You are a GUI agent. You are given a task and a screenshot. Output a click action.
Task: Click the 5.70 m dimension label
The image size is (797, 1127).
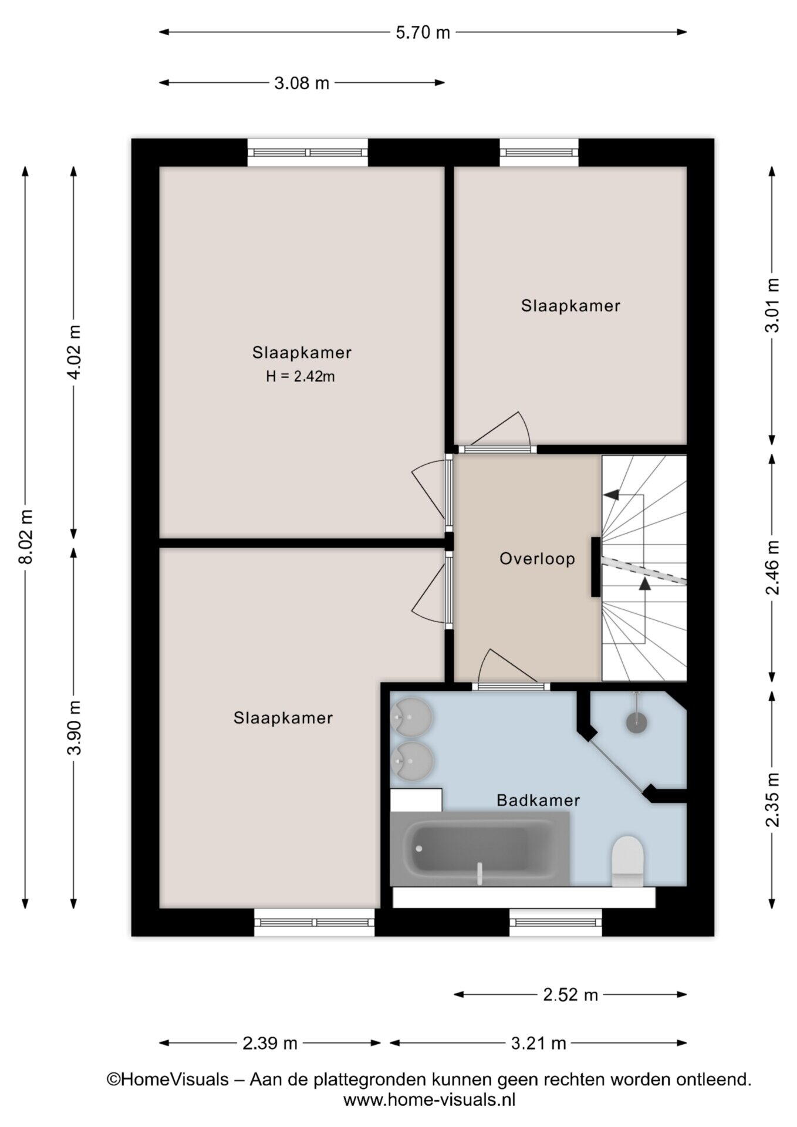423,32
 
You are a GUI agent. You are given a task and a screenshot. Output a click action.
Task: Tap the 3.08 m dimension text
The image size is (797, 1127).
302,83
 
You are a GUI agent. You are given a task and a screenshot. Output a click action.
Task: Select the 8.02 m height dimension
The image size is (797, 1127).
26,536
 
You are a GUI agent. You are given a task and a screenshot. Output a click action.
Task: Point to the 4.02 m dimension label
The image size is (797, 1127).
75,352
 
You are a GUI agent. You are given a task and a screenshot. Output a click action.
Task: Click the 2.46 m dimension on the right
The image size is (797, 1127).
773,567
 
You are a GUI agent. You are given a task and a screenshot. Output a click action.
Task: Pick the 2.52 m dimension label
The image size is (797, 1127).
570,994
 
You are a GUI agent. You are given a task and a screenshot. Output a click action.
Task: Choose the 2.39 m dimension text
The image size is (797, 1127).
270,1043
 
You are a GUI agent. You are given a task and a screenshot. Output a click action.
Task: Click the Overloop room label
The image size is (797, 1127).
537,558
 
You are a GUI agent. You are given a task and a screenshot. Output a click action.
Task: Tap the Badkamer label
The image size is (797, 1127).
538,800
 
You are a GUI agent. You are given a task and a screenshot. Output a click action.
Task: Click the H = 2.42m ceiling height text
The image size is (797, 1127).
300,376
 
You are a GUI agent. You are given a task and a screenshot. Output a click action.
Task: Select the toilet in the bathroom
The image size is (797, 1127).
628,861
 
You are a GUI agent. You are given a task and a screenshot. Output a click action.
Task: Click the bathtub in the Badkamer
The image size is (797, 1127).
479,849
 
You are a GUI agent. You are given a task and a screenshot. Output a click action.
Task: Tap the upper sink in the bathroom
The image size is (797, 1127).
411,717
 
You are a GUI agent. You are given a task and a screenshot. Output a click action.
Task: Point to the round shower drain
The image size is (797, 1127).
636,722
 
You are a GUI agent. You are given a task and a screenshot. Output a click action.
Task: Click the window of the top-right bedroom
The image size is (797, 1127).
539,153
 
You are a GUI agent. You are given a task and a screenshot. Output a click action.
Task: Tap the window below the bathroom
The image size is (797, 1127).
556,922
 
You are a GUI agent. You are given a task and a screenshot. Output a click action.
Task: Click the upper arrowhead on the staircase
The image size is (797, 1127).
612,495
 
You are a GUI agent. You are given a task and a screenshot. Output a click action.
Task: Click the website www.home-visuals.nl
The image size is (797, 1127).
429,1099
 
